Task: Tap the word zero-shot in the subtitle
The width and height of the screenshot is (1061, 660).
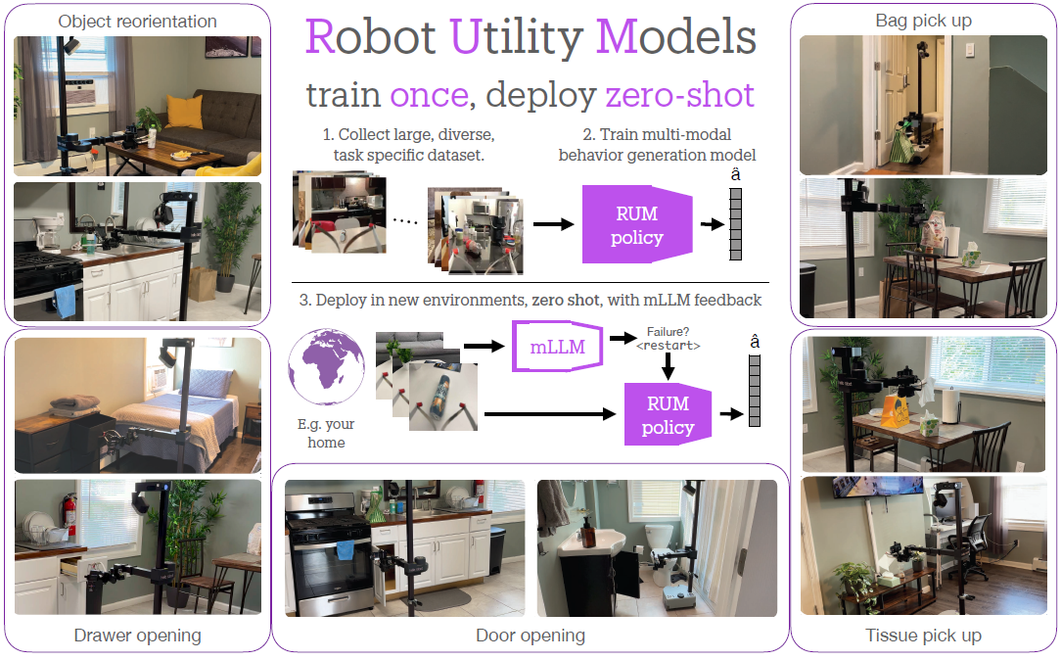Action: coord(679,95)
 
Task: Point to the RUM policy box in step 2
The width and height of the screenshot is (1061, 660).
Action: coord(637,224)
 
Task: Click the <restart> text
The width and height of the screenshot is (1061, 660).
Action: coord(668,346)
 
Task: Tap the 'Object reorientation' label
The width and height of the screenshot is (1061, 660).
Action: coord(137,21)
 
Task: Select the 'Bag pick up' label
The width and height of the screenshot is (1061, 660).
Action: coord(923,21)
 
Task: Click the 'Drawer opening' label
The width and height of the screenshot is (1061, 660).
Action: coord(137,636)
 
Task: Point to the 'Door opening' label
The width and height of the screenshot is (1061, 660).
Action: coord(530,636)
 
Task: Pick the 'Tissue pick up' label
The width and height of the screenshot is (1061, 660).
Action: coord(923,636)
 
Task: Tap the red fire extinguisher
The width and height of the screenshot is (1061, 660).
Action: coord(68,509)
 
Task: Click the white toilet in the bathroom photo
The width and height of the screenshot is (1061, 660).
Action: coord(658,543)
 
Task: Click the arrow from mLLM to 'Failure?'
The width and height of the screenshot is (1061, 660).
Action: coord(622,338)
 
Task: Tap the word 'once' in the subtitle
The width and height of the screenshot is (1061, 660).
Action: coord(429,95)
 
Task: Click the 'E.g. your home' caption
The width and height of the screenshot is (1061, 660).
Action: coord(326,434)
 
